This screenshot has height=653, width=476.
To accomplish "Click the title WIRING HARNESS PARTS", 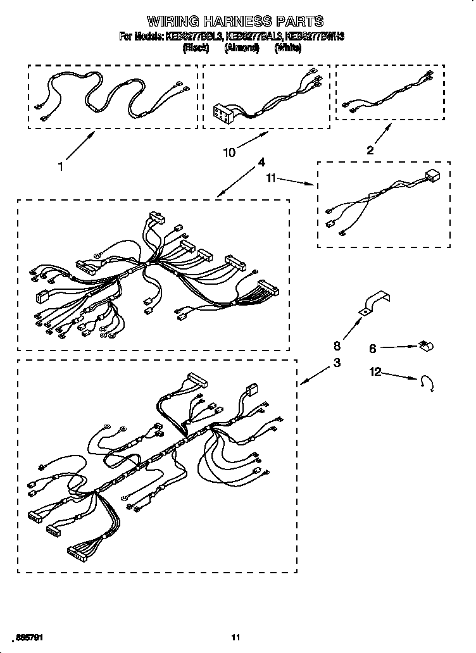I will tap(235, 22).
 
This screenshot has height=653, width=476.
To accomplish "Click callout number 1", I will tap(61, 167).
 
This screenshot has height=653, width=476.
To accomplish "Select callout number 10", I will tap(229, 152).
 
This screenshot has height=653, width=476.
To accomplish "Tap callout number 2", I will tap(370, 150).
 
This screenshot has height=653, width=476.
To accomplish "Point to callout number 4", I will tap(261, 162).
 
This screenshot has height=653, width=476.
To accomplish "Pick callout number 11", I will tap(272, 179).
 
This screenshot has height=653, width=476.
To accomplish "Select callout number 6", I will tap(373, 348).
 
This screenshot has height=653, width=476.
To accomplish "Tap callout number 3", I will tap(337, 363).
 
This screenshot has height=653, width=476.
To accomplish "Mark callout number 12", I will tap(376, 372).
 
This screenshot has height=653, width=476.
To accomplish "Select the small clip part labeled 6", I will tap(425, 346).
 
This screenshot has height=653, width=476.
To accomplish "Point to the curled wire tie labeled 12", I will tap(428, 384).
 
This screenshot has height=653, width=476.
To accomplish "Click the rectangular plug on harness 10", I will tap(223, 112).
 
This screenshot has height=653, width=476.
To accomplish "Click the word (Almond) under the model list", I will tap(242, 47).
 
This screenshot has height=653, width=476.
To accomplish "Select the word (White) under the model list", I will tap(288, 47).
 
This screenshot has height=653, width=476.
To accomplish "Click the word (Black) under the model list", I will tap(196, 47).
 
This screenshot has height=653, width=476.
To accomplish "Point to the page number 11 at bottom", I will tap(236, 637).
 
